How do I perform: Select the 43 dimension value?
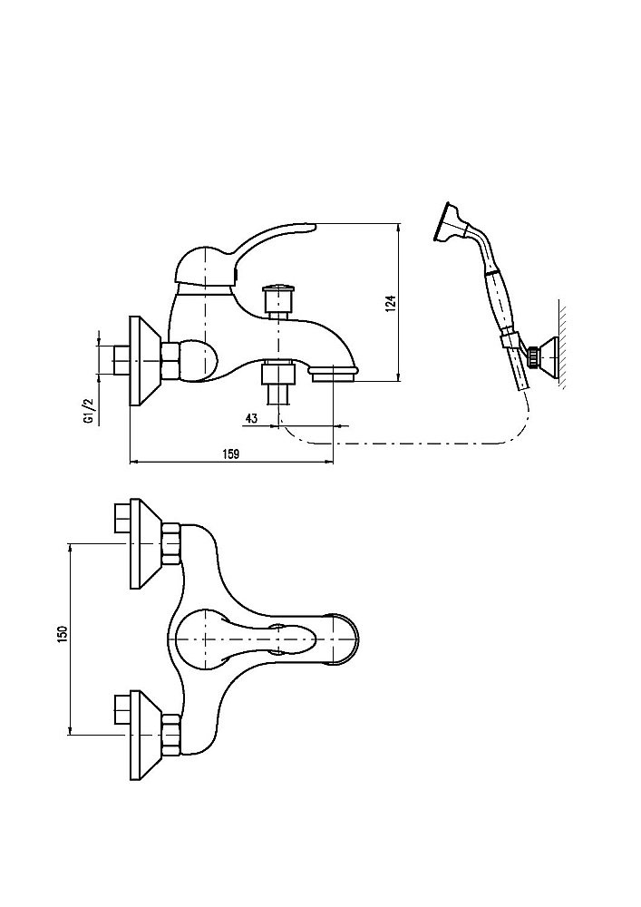click(251, 418)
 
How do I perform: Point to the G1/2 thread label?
click(89, 411)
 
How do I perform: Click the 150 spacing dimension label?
click(62, 635)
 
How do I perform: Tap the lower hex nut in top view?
click(171, 732)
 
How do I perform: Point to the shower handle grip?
click(499, 299)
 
